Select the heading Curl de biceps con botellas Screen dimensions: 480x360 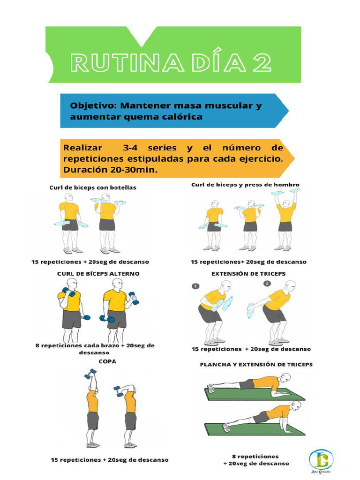(x=93, y=187)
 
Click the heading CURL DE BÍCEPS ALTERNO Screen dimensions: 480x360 (x=98, y=273)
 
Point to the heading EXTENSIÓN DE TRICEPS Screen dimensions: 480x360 (x=248, y=273)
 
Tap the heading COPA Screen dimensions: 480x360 (x=107, y=361)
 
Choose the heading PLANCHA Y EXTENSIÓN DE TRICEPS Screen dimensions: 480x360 (x=256, y=364)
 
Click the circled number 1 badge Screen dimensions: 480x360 (x=195, y=286)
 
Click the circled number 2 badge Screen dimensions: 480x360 (x=267, y=284)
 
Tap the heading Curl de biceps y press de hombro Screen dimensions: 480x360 (x=245, y=185)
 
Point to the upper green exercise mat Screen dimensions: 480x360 (x=255, y=394)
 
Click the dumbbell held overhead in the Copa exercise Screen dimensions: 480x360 (x=90, y=374)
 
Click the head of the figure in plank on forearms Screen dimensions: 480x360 (x=285, y=377)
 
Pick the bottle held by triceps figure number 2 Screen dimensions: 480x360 (x=250, y=310)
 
